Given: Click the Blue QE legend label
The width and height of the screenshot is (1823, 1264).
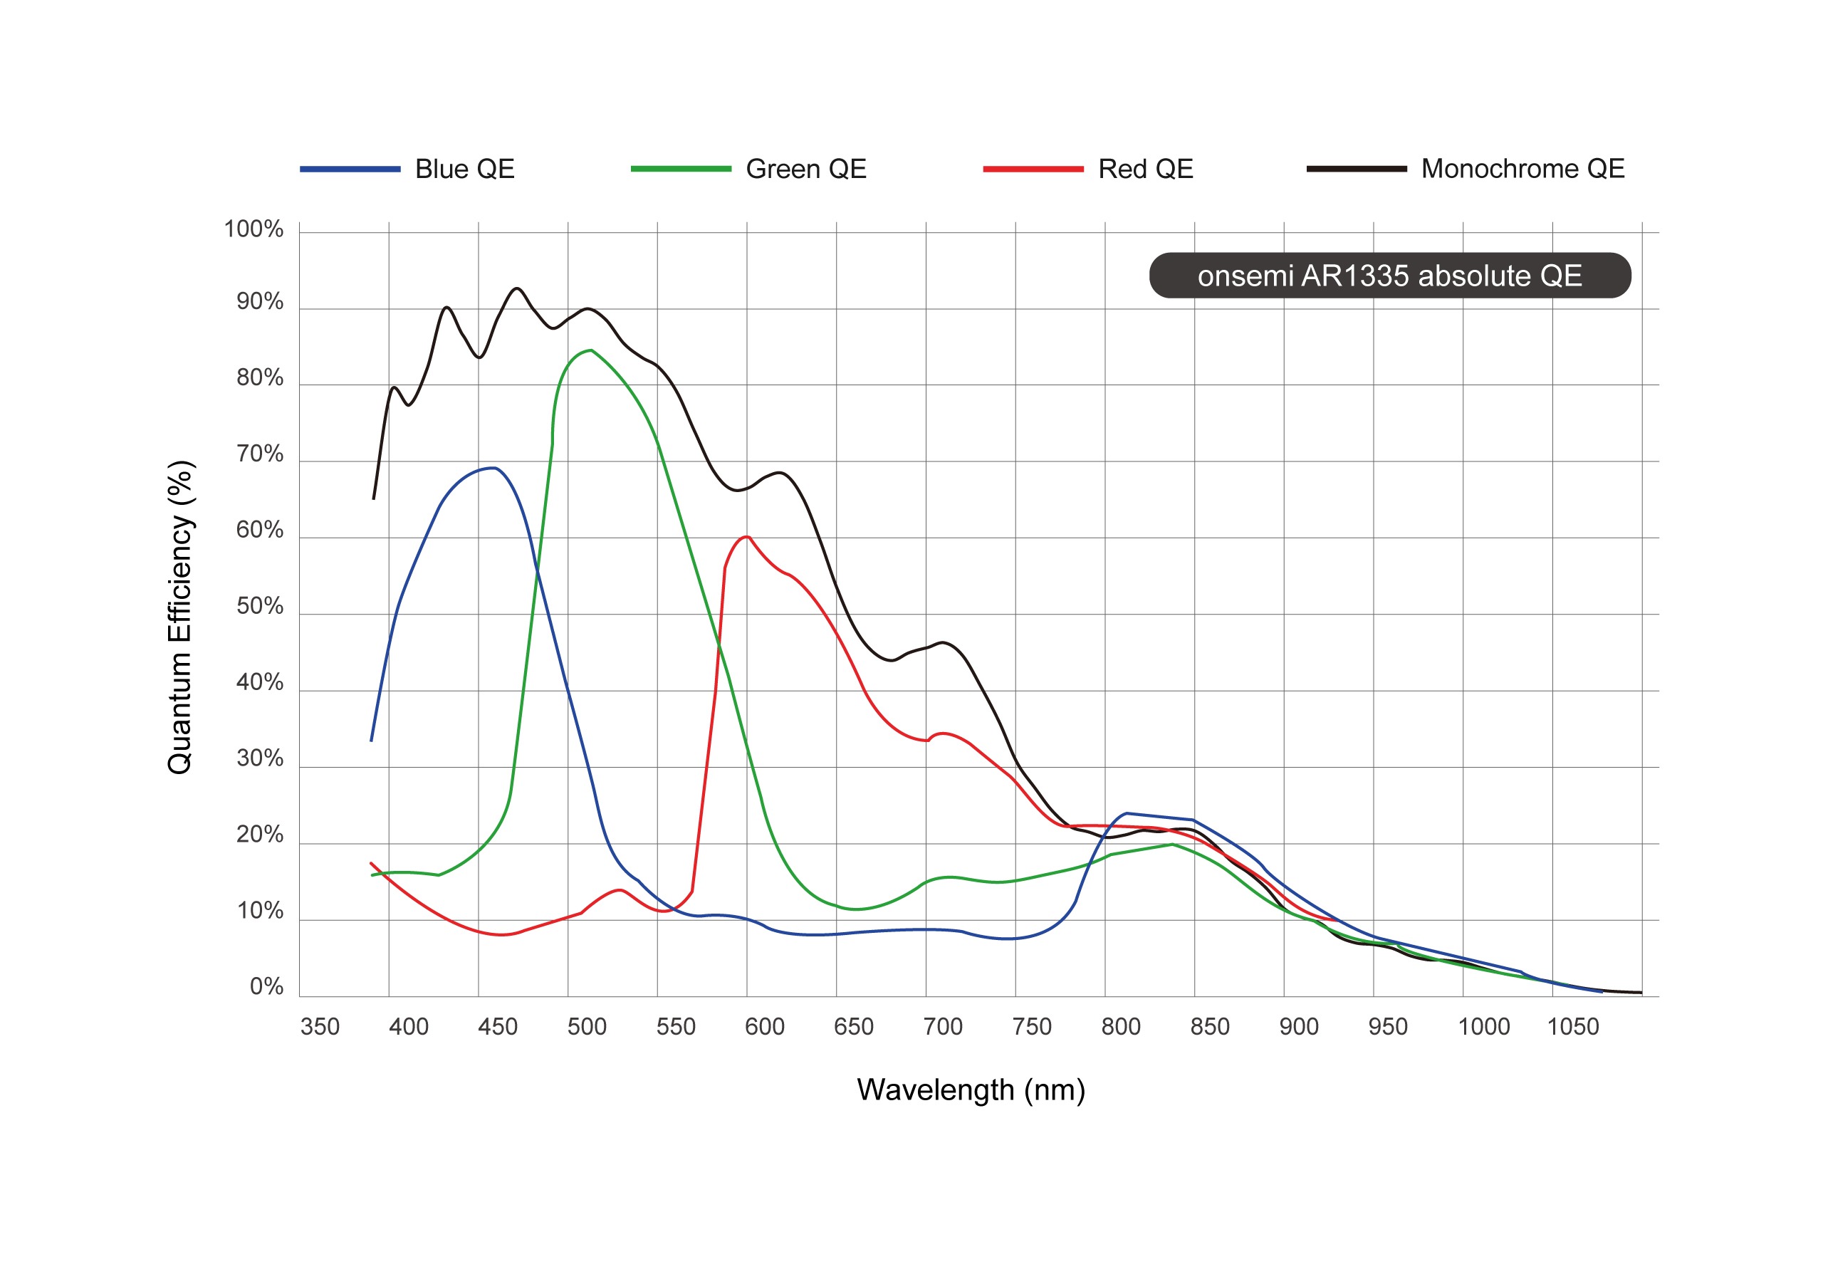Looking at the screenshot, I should tap(464, 169).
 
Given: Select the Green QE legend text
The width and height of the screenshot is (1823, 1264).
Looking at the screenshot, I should tap(805, 169).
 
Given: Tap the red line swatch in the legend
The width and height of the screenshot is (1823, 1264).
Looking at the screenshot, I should tap(1032, 169).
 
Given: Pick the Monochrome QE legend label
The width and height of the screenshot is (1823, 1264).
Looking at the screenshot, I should tap(1522, 169).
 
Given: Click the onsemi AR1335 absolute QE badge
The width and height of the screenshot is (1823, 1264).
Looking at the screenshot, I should tap(1389, 276).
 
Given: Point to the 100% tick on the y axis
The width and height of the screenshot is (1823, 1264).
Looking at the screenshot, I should tap(254, 230).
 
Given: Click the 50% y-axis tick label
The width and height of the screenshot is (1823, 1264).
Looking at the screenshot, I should tap(259, 607).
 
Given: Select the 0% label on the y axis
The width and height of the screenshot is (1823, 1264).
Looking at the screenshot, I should tap(266, 987).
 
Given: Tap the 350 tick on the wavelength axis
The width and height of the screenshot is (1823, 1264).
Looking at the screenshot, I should tap(319, 1027).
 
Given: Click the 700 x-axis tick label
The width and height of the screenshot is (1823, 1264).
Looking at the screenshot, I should tap(942, 1027).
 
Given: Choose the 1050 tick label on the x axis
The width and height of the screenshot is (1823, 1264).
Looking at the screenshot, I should tap(1573, 1027).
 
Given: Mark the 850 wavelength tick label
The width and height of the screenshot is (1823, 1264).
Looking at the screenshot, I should tap(1209, 1027).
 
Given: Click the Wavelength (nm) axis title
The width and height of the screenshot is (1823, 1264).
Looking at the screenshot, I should tap(970, 1090).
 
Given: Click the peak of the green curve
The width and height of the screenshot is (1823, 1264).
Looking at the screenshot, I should tap(591, 350).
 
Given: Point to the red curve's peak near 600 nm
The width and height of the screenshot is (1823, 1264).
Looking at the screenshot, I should tap(746, 537).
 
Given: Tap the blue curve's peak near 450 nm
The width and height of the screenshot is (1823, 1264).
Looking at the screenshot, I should tap(494, 468).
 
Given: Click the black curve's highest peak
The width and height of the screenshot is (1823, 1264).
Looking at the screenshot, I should tap(516, 288).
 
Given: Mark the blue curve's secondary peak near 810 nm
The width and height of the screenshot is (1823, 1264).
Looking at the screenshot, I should tap(1126, 813).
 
